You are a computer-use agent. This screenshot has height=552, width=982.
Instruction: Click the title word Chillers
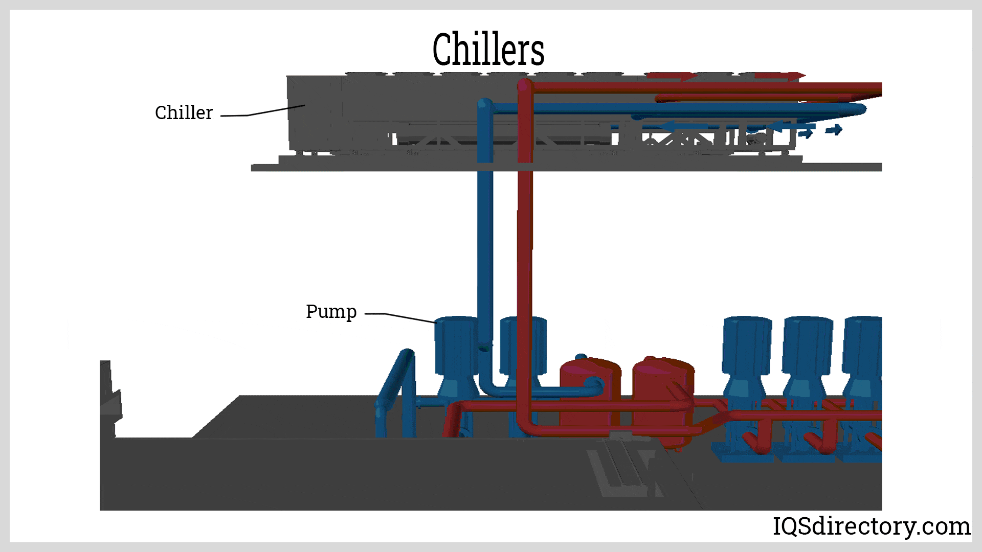tap(488, 49)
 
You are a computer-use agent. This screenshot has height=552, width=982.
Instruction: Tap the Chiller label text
tap(184, 112)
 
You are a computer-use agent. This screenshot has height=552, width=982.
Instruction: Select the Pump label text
tap(331, 311)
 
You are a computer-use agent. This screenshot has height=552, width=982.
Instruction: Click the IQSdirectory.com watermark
tap(871, 526)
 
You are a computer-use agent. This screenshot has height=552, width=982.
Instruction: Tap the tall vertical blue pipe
tap(485, 245)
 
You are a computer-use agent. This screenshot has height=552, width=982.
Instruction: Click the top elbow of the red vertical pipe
tap(525, 86)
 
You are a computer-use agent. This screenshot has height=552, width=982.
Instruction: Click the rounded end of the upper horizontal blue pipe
tap(860, 109)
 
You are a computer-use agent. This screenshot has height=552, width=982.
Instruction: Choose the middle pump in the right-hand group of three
tap(807, 358)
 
